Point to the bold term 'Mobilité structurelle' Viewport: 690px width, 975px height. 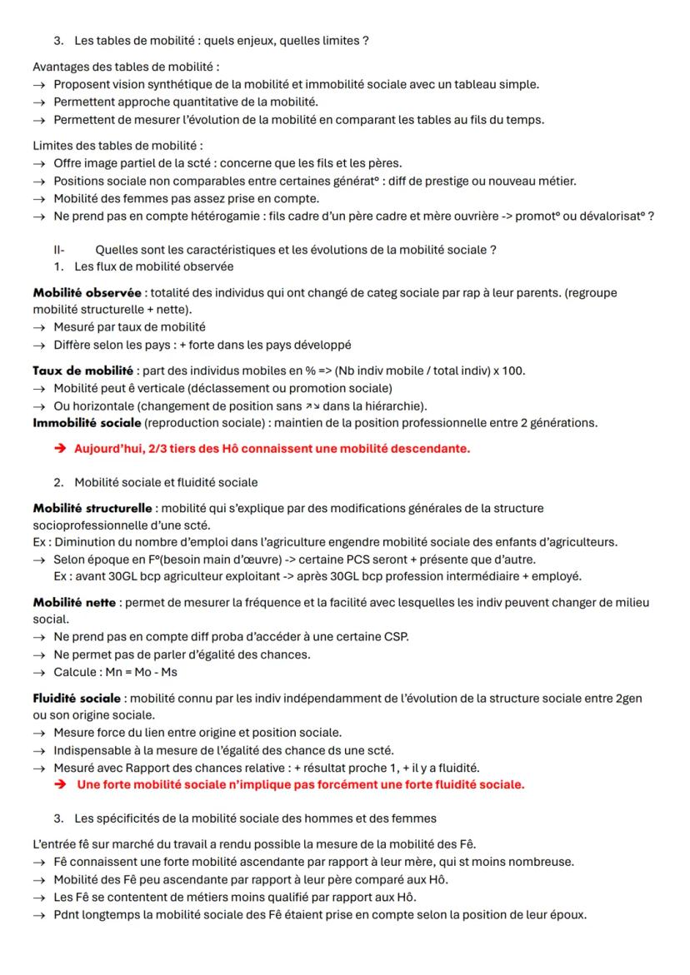coord(92,508)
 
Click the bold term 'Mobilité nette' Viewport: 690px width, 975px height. coord(73,602)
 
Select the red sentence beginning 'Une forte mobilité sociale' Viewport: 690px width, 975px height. coord(300,784)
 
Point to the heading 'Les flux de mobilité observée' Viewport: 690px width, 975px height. coord(154,267)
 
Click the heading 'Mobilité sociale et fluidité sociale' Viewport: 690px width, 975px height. coord(166,482)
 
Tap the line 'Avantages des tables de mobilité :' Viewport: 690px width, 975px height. coord(126,66)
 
